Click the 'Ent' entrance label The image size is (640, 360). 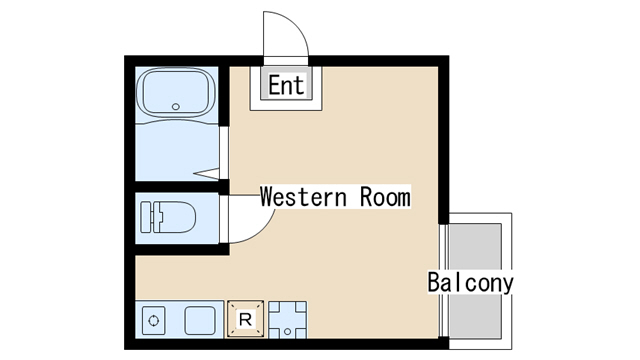pyautogui.click(x=286, y=85)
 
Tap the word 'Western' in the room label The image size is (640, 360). pyautogui.click(x=303, y=197)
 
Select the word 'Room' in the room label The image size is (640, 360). pyautogui.click(x=385, y=197)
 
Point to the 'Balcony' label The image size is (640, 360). pyautogui.click(x=470, y=282)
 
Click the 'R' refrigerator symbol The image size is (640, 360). pyautogui.click(x=245, y=319)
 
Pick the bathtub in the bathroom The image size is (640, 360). pyautogui.click(x=176, y=92)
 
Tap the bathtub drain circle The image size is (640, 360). pyautogui.click(x=176, y=107)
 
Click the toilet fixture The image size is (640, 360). pyautogui.click(x=168, y=217)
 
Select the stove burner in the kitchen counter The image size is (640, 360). pyautogui.click(x=154, y=321)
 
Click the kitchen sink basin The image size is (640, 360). pyautogui.click(x=200, y=321)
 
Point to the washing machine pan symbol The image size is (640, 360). pyautogui.click(x=287, y=320)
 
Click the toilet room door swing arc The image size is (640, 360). pyautogui.click(x=262, y=231)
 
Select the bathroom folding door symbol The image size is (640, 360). pyautogui.click(x=209, y=173)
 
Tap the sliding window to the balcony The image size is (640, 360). pyautogui.click(x=443, y=280)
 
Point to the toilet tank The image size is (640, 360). pyautogui.click(x=147, y=217)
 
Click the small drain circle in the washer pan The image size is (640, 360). pyautogui.click(x=287, y=331)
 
